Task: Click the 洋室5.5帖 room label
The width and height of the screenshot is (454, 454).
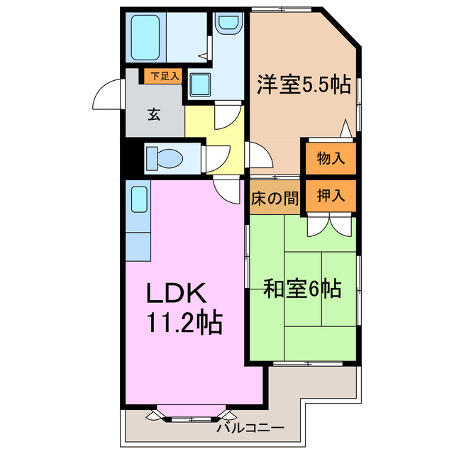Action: point(303,86)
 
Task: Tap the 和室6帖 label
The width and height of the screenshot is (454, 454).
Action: point(303,289)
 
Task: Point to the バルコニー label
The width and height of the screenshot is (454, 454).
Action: point(250,428)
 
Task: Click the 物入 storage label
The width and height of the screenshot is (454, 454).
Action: point(331,159)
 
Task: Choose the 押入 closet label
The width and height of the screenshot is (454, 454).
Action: point(331,196)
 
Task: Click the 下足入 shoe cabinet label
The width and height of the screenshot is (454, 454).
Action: point(164,74)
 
